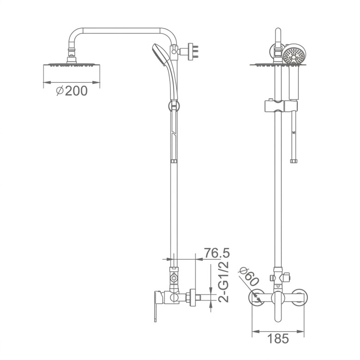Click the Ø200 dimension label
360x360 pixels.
(72, 90)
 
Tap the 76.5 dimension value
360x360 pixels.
(217, 253)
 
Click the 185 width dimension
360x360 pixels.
(278, 338)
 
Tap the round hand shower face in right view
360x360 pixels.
(294, 55)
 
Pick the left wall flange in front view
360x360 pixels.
(257, 298)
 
